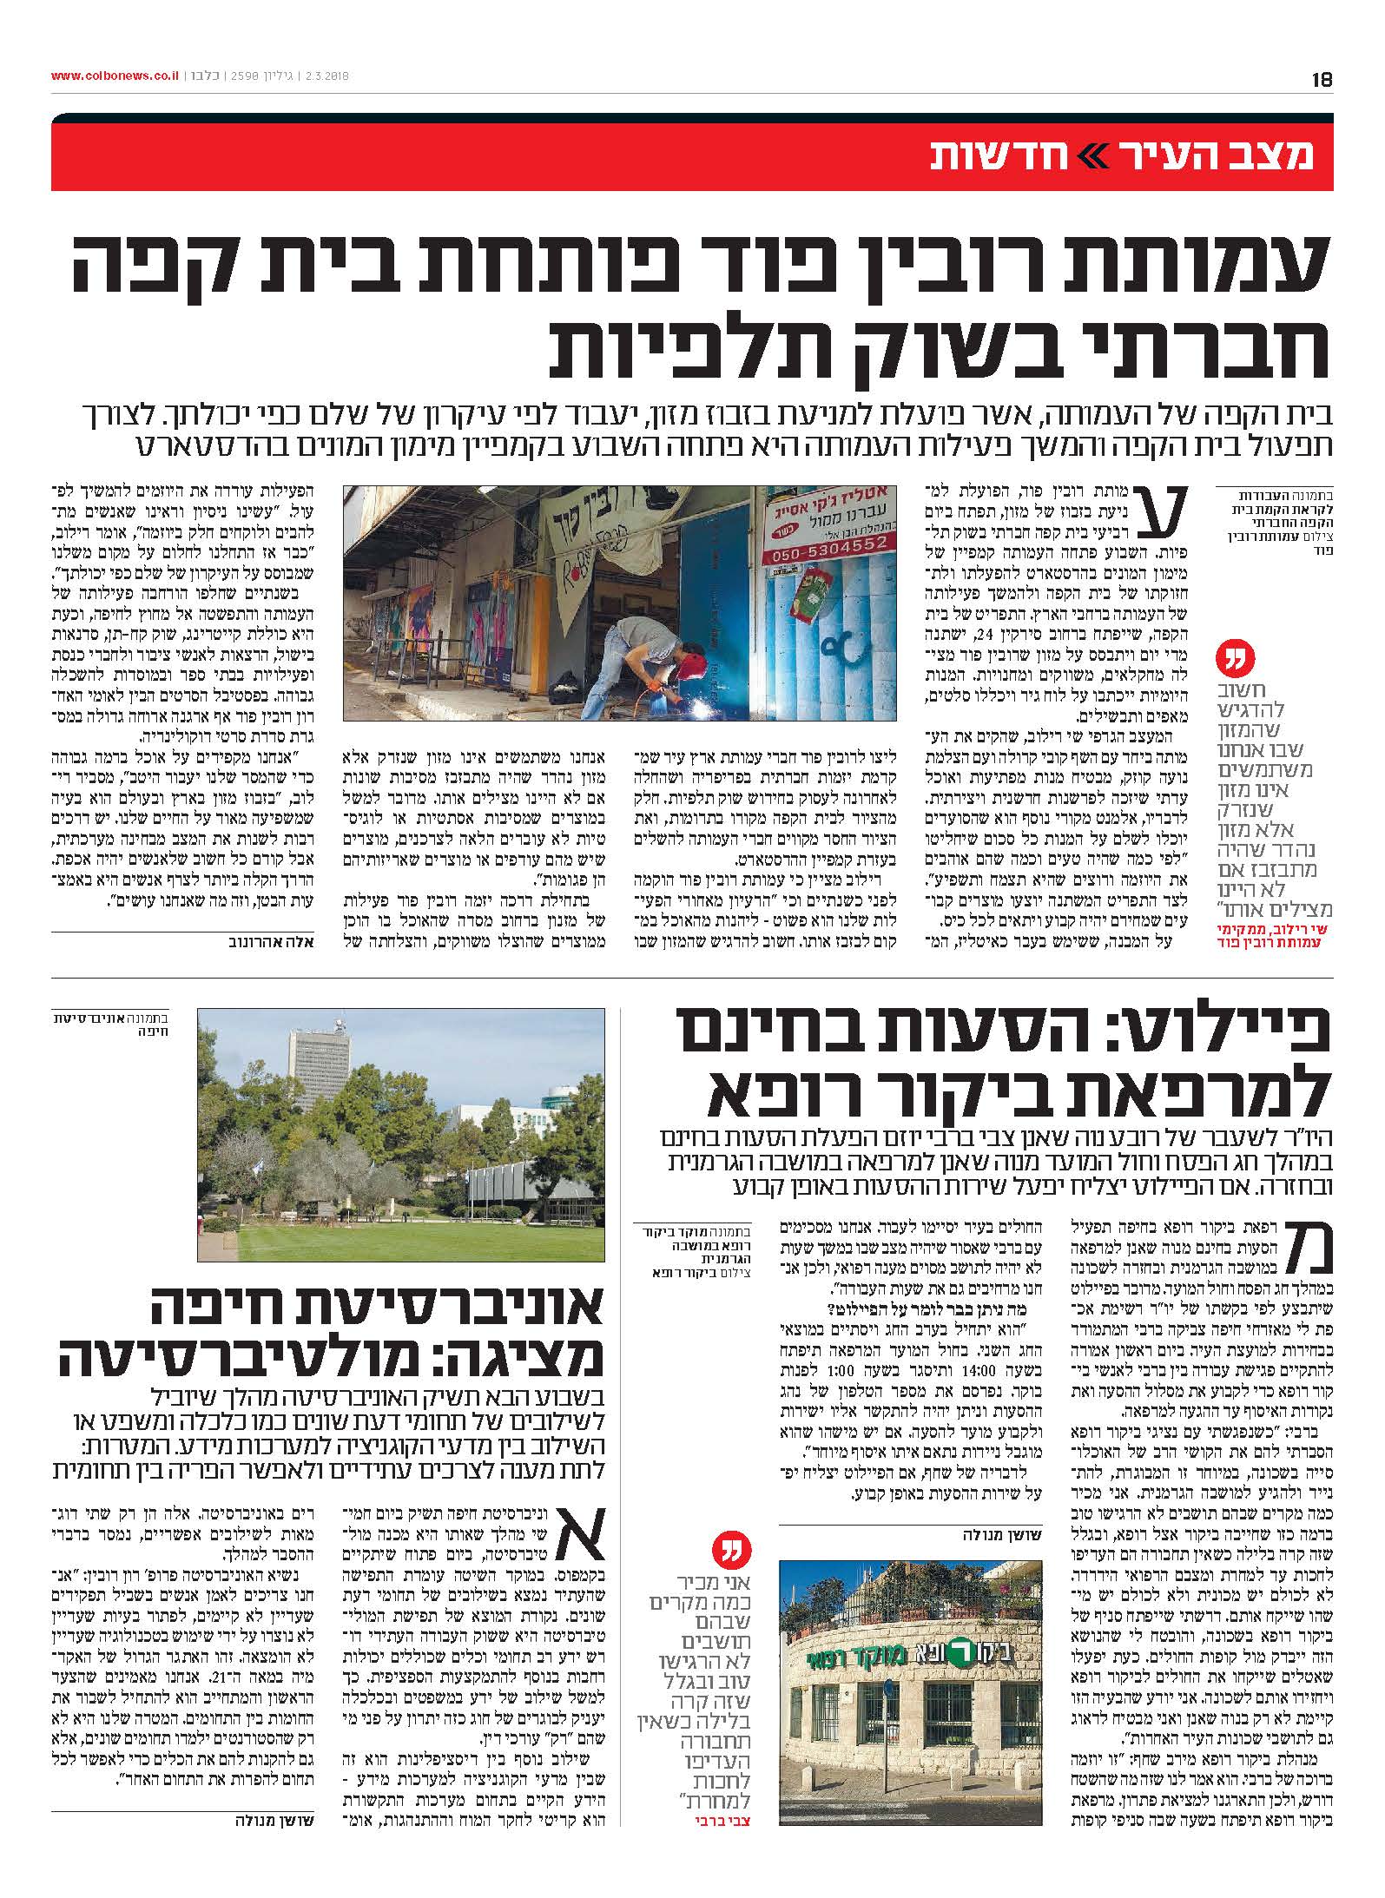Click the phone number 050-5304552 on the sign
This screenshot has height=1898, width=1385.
830,544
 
